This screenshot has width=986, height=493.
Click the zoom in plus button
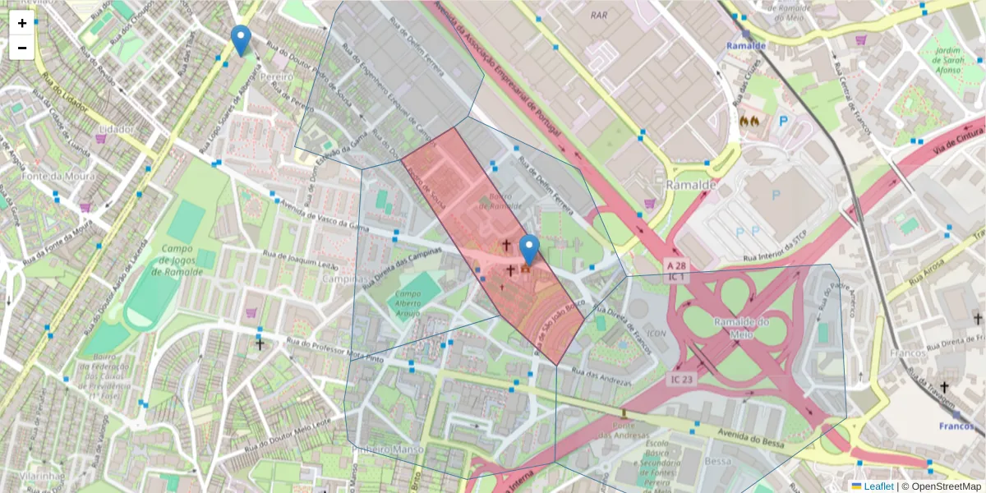[22, 23]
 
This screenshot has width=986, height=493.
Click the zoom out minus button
[22, 48]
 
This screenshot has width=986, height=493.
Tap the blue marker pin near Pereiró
[240, 40]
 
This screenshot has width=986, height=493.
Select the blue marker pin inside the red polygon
[530, 250]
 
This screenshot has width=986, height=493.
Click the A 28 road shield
[676, 265]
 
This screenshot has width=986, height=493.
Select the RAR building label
[600, 14]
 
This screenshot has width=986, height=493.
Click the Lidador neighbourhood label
[115, 130]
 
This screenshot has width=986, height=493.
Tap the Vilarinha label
[43, 476]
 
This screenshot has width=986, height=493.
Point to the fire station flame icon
[749, 120]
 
